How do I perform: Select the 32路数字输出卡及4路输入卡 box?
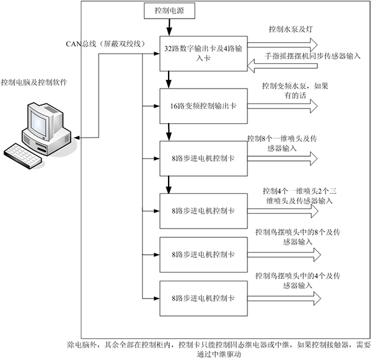(203, 52)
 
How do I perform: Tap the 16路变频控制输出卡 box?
(202, 106)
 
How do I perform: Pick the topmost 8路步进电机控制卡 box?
(202, 158)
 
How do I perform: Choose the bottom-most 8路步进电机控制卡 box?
(202, 298)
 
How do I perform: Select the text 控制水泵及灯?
(289, 30)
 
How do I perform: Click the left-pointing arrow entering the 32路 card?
(282, 64)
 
